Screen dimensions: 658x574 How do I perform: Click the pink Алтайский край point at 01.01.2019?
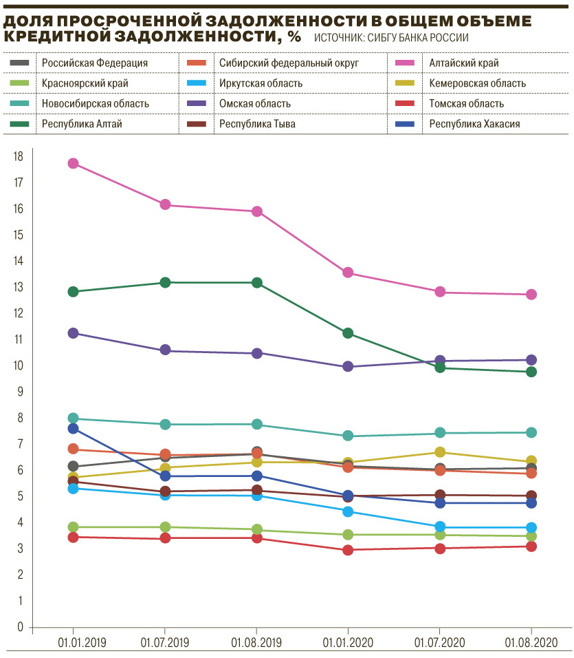click(74, 163)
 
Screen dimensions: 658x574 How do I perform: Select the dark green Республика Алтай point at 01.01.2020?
click(348, 333)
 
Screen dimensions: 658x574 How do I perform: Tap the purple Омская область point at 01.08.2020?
click(531, 360)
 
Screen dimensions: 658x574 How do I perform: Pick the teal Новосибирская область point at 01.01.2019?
click(74, 418)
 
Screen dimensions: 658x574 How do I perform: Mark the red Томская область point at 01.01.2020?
click(348, 550)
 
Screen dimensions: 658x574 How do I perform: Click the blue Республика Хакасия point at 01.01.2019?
click(74, 429)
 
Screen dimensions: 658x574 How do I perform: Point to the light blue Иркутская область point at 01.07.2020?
click(440, 527)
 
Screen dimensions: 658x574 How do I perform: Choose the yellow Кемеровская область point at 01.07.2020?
click(440, 452)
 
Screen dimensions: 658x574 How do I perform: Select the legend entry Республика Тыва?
click(253, 124)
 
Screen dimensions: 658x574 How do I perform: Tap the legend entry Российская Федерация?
click(95, 63)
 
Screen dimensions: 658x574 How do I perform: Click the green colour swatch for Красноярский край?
click(20, 83)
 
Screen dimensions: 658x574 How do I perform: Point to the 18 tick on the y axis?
click(18, 157)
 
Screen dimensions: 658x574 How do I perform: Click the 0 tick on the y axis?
click(19, 628)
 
